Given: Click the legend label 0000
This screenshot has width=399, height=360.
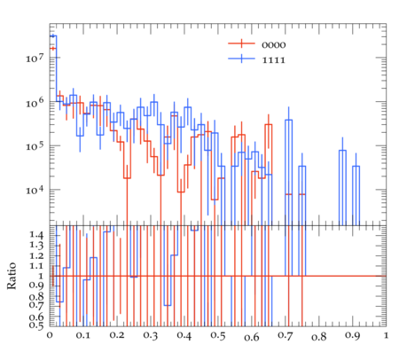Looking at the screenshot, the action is pos(274,45).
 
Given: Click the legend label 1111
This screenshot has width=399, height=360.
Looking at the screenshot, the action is pos(274,60).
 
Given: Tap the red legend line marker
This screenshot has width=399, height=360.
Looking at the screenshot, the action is pos(241,43).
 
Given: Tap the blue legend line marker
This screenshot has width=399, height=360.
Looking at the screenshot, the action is pos(241,59).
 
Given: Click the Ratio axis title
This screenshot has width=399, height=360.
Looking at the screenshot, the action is pos(12,276).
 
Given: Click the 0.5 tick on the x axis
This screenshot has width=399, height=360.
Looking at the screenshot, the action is pos(218,336).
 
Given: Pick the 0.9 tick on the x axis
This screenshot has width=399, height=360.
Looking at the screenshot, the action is pos(353,336).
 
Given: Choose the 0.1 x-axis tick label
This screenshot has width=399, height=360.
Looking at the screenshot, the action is pos(83,336).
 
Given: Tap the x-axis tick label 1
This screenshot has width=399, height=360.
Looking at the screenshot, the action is pos(386,335).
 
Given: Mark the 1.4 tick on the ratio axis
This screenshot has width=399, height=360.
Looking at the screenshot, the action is pos(36,235).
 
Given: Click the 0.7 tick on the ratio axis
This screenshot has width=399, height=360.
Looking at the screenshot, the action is pos(36,305).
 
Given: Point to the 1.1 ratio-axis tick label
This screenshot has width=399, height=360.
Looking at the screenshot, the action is pos(36,266).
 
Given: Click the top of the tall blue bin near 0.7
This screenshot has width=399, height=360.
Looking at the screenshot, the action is pos(289,120).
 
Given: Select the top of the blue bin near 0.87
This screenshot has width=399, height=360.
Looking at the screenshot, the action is pos(342,151).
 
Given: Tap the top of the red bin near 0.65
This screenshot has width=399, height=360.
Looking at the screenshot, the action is pos(269,124).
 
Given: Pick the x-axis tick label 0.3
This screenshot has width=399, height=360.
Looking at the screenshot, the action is pos(151,336).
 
